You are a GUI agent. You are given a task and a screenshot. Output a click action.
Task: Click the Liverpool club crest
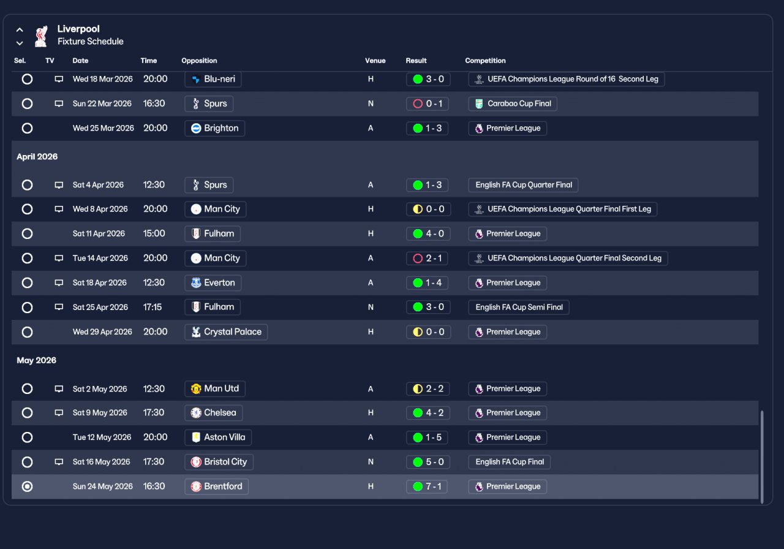41,36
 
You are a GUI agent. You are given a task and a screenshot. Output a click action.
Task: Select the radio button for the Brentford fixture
27,487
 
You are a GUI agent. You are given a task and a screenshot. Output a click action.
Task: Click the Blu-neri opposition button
213,79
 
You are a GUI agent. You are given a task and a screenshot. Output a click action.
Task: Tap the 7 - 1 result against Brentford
428,487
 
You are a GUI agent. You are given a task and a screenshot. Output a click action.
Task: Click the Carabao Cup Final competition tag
513,104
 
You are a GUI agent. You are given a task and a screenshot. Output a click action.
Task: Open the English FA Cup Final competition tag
509,462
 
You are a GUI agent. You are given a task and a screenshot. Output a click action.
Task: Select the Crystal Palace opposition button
226,332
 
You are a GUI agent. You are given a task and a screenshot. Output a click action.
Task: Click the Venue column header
375,61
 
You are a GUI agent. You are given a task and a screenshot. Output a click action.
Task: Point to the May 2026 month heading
37,360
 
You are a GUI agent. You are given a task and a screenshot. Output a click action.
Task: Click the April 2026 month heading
37,157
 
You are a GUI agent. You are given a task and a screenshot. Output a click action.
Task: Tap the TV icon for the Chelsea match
59,413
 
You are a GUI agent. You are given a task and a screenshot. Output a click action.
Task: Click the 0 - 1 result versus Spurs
428,104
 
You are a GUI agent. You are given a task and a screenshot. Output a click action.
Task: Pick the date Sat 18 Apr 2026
99,283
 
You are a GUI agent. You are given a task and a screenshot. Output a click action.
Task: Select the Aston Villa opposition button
218,437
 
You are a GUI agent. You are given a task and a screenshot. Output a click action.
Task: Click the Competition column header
485,61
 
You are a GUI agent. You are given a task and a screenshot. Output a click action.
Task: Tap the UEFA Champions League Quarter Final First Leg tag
563,209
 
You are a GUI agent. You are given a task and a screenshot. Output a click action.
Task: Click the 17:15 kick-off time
153,307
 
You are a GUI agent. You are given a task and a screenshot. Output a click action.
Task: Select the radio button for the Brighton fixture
27,128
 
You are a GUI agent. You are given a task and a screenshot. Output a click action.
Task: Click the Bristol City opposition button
219,462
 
